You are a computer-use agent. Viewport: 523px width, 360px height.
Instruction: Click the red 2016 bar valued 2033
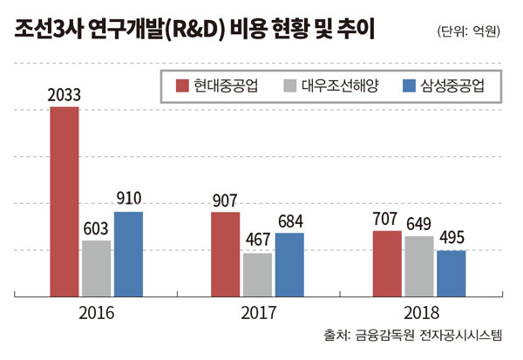pyautogui.click(x=65, y=201)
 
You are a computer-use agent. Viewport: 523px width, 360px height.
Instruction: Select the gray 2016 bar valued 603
pyautogui.click(x=97, y=268)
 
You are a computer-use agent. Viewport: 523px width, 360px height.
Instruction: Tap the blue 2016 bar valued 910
pyautogui.click(x=128, y=254)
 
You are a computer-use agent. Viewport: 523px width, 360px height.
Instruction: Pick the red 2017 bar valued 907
pyautogui.click(x=225, y=254)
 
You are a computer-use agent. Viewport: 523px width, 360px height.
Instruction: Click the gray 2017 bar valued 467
pyautogui.click(x=257, y=275)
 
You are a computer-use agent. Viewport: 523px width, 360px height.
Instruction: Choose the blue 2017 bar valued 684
pyautogui.click(x=289, y=264)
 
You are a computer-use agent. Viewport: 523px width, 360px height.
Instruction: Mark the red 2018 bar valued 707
pyautogui.click(x=387, y=263)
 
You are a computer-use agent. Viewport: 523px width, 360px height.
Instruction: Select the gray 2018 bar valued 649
pyautogui.click(x=419, y=266)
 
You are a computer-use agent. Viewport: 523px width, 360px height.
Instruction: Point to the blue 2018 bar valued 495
pyautogui.click(x=451, y=273)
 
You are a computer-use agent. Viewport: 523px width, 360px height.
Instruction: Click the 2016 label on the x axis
pyautogui.click(x=96, y=311)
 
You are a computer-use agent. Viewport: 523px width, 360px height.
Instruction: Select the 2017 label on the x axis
pyautogui.click(x=257, y=311)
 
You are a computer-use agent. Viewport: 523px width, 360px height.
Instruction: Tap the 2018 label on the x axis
pyautogui.click(x=419, y=311)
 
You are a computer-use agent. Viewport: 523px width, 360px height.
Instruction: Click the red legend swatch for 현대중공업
pyautogui.click(x=183, y=85)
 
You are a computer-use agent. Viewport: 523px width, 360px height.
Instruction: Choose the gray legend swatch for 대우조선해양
pyautogui.click(x=290, y=85)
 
